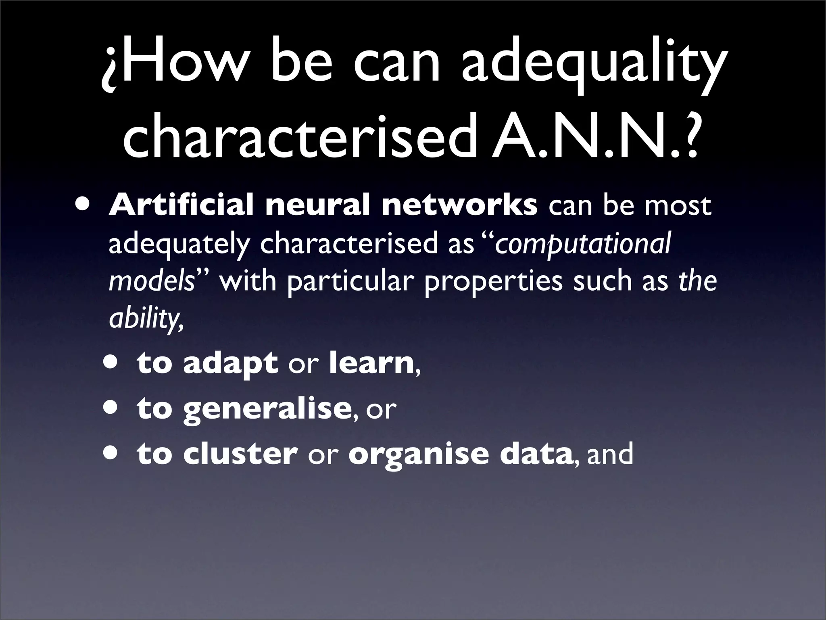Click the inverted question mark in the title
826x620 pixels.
pyautogui.click(x=110, y=69)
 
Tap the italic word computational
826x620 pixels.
pyautogui.click(x=583, y=244)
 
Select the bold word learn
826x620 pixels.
pyautogui.click(x=371, y=363)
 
